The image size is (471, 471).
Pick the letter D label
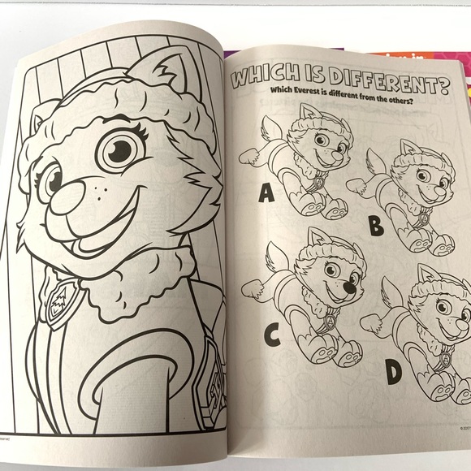click(393, 371)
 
